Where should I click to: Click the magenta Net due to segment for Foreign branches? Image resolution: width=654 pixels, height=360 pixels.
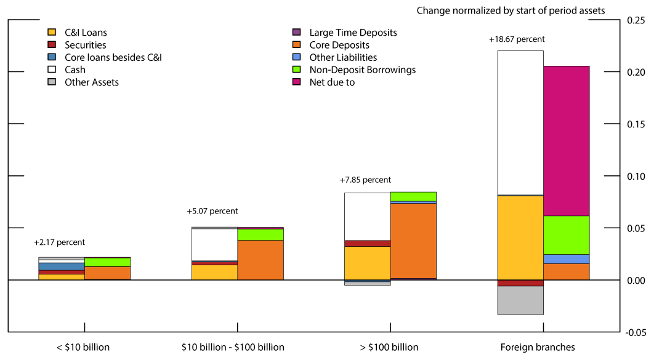(x=566, y=141)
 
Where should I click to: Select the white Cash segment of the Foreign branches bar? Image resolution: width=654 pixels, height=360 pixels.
(x=520, y=122)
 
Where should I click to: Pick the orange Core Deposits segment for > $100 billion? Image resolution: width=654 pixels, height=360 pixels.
(x=413, y=241)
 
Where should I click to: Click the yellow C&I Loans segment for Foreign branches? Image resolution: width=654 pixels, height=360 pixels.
(x=520, y=238)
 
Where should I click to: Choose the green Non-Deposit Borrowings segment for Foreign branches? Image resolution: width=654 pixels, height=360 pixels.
(x=566, y=235)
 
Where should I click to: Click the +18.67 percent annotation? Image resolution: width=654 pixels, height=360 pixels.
(x=517, y=39)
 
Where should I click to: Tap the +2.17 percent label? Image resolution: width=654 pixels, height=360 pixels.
(x=59, y=242)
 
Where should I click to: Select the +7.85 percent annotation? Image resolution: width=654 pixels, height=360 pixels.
(x=365, y=180)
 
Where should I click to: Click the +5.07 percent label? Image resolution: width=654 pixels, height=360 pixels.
(x=212, y=211)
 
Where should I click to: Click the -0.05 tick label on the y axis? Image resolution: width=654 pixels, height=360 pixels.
(x=634, y=332)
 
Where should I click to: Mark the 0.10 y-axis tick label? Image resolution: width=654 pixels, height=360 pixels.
(x=636, y=177)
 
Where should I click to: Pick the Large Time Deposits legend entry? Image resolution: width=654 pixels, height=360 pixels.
(x=353, y=33)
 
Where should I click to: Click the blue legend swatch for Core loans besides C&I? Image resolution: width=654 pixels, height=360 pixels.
(x=52, y=57)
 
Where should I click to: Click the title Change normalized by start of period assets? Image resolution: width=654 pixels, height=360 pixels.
(x=511, y=10)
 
